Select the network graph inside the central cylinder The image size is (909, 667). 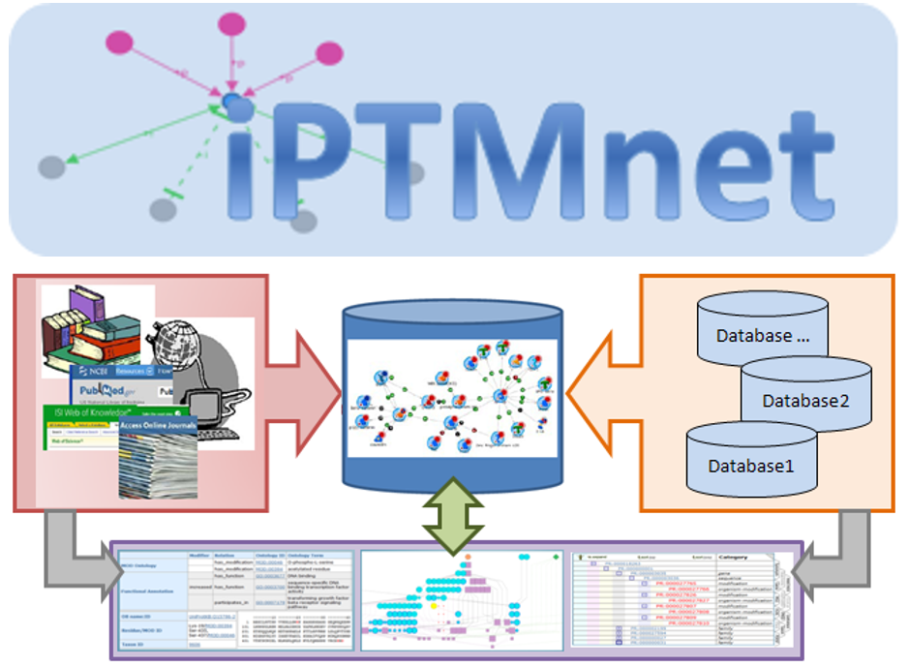click(x=453, y=391)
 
